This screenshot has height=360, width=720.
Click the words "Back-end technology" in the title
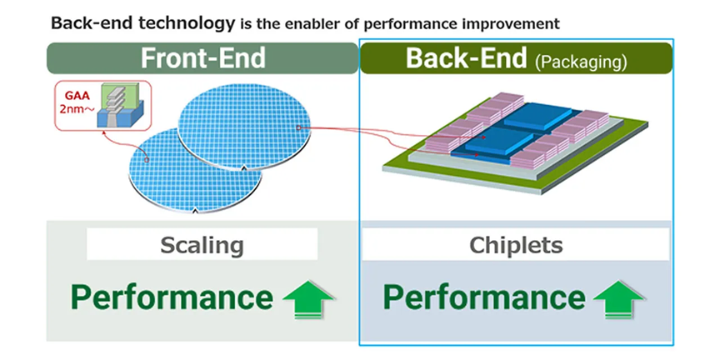142,22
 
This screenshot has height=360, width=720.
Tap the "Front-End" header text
202,58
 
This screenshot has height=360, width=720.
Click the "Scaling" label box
202,245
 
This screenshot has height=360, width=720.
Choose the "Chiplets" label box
516,246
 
